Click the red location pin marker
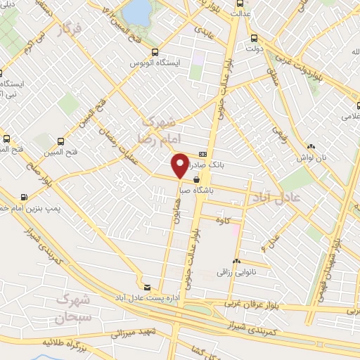pyautogui.click(x=181, y=165)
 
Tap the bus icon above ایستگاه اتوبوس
pyautogui.click(x=155, y=53)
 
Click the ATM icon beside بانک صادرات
pyautogui.click(x=202, y=155)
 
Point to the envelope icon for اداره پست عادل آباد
pyautogui.click(x=147, y=287)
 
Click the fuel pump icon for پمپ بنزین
pyautogui.click(x=25, y=197)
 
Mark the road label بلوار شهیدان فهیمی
pyautogui.click(x=330, y=259)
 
